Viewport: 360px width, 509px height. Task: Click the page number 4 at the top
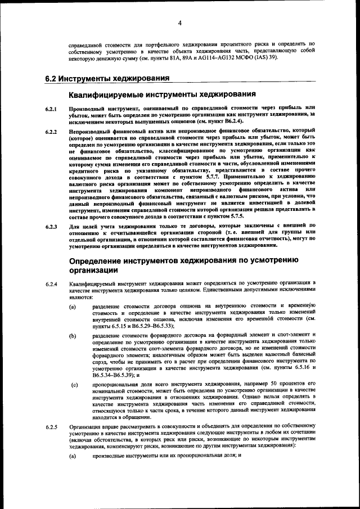pos(179,23)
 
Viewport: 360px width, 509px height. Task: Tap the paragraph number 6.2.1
pos(51,107)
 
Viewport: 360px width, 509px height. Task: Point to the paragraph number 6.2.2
pos(51,132)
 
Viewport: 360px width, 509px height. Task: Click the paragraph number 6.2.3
pos(51,227)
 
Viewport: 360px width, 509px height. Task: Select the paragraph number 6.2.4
pos(51,283)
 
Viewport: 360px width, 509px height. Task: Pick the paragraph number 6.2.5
pos(51,427)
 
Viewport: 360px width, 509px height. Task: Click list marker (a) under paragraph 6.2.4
pos(73,307)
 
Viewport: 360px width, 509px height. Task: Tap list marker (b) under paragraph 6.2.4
pos(73,336)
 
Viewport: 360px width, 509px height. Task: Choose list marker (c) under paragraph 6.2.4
pos(74,385)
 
